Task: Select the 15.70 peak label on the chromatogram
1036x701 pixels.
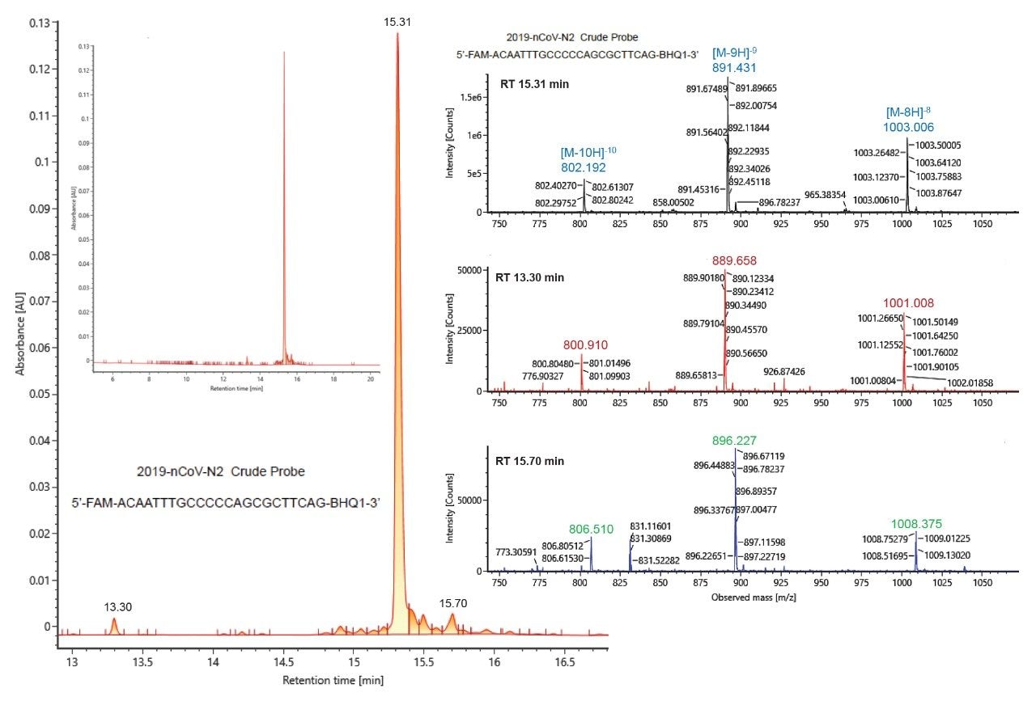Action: (x=452, y=604)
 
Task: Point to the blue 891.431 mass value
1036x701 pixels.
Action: (x=735, y=69)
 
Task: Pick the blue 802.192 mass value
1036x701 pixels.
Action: (x=584, y=167)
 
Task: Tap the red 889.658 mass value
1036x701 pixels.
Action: (x=735, y=261)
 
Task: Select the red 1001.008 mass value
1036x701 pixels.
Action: (x=908, y=302)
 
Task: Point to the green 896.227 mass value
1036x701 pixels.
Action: (x=735, y=441)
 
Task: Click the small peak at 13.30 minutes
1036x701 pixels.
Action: (x=114, y=625)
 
